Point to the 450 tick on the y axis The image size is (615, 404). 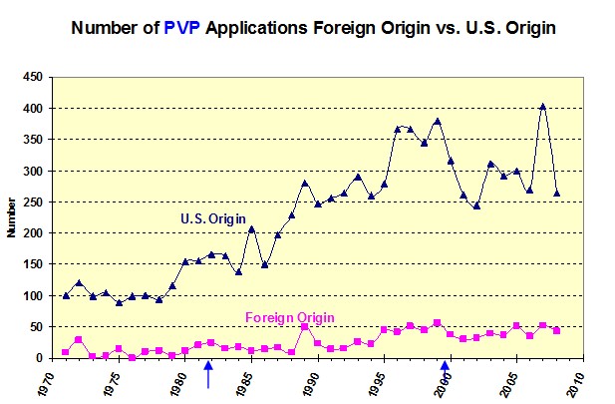[33, 77]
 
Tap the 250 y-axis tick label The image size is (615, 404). [33, 202]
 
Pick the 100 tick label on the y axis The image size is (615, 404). [33, 296]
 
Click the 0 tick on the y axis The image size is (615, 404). [41, 358]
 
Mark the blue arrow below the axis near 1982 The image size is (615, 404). [208, 375]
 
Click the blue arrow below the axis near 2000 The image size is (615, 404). [446, 375]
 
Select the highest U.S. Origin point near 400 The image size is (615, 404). [543, 106]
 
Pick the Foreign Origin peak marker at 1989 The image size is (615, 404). [304, 327]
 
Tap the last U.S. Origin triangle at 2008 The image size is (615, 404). [556, 193]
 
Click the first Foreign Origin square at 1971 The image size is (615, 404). [66, 352]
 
